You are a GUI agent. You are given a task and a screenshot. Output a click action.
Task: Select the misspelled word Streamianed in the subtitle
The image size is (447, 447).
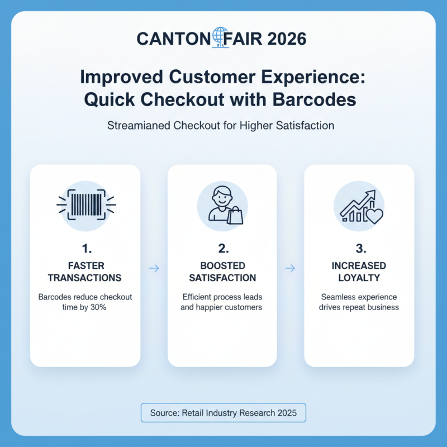coord(135,126)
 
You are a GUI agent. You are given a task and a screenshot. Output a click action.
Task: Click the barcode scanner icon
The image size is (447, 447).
coord(85,206)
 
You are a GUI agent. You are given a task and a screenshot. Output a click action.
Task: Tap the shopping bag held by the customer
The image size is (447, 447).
coord(235,215)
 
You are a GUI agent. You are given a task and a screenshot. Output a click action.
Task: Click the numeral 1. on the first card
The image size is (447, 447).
coord(85,248)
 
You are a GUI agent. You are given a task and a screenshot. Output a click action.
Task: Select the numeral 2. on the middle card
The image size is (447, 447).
coord(222,248)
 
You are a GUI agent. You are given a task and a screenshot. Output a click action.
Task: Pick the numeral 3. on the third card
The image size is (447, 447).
coord(359,248)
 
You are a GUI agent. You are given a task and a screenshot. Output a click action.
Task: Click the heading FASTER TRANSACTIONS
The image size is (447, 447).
coord(85,272)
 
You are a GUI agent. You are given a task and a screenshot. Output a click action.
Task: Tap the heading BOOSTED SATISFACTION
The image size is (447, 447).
coord(222,272)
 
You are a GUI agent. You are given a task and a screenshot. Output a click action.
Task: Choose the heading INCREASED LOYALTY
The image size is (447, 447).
coord(359,272)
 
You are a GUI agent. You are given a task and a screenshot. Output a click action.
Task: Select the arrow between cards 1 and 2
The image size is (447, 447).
coord(154,269)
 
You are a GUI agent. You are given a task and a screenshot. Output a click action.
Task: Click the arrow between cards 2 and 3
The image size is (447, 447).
coord(290,269)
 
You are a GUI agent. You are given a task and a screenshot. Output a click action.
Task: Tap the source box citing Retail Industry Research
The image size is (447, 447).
coord(223,413)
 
